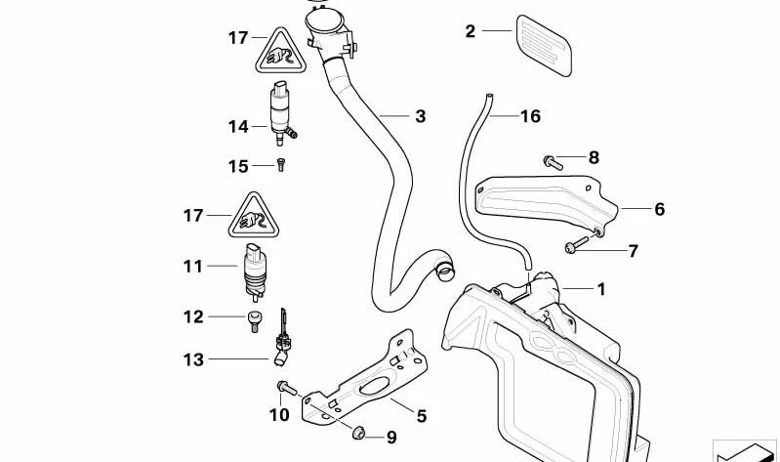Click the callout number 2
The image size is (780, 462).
(471, 31)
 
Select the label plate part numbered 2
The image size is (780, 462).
(544, 45)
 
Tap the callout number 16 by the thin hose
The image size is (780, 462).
(530, 116)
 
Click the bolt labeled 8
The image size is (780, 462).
(554, 162)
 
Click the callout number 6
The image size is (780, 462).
(660, 209)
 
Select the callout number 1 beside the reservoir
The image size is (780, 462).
(601, 289)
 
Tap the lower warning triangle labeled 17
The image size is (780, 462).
(254, 216)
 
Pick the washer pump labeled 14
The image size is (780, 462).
(282, 112)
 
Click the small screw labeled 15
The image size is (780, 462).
(280, 164)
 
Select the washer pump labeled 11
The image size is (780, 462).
(255, 272)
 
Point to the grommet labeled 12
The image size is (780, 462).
(254, 321)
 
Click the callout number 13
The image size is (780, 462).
(193, 359)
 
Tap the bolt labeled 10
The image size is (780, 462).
(287, 388)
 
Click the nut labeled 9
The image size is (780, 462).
(358, 433)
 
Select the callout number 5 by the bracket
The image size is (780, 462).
(422, 416)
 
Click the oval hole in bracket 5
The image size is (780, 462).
(375, 386)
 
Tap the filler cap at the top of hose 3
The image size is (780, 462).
(324, 21)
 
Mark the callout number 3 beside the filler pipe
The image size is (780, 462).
(421, 116)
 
